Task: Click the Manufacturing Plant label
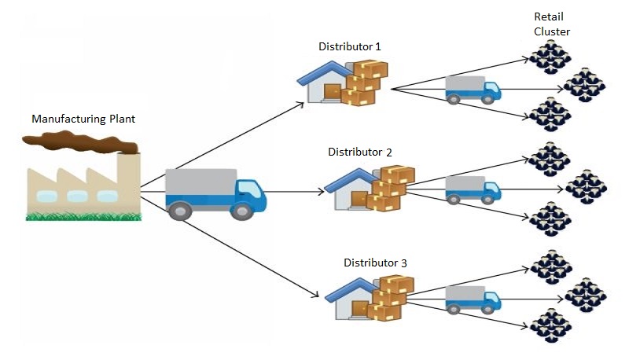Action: [83, 119]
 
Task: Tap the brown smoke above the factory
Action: [79, 141]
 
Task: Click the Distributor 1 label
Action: [350, 47]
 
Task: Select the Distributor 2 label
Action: [359, 152]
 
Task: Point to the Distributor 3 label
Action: [375, 262]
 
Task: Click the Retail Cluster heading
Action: [551, 24]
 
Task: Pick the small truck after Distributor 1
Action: [473, 90]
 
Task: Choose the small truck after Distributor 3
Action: [473, 299]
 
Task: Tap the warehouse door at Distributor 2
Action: [360, 199]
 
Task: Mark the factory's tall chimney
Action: [129, 177]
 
